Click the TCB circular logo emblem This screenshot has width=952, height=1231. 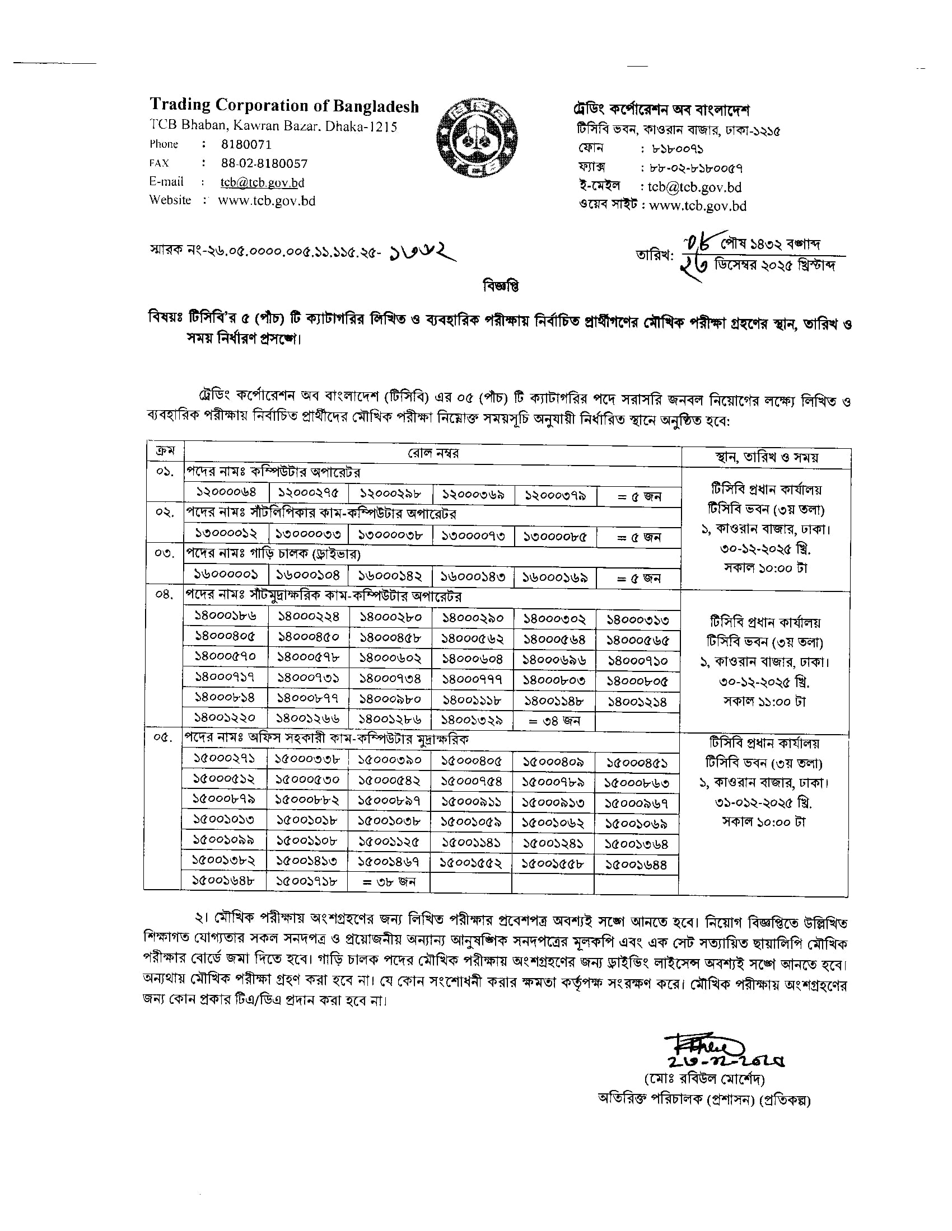click(x=477, y=138)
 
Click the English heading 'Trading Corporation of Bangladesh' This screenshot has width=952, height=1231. click(x=284, y=105)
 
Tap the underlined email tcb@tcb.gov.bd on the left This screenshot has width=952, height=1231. click(x=262, y=182)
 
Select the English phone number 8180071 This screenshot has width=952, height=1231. click(x=246, y=144)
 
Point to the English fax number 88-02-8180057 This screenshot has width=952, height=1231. click(x=264, y=163)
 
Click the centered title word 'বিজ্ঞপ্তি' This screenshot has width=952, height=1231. click(x=500, y=286)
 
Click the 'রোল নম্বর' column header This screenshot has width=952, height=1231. click(x=432, y=453)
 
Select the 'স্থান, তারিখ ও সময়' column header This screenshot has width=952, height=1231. click(x=766, y=458)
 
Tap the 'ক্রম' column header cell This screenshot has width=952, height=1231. click(x=165, y=451)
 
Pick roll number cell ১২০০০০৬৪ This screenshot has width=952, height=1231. click(x=226, y=492)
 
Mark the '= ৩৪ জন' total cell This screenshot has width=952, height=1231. click(x=554, y=720)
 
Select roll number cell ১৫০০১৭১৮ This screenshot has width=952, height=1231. click(x=307, y=881)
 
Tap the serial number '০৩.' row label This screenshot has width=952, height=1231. click(x=165, y=553)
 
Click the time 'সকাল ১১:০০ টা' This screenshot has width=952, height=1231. click(x=765, y=702)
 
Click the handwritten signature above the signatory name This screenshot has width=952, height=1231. click(x=699, y=1048)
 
